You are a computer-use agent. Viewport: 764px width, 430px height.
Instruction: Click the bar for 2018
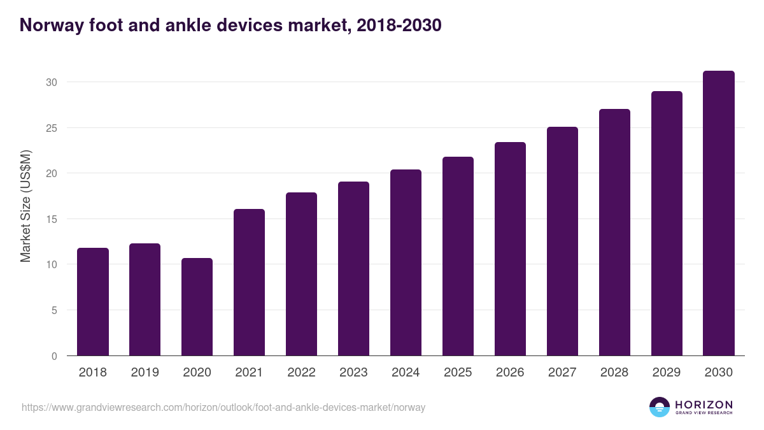(x=93, y=302)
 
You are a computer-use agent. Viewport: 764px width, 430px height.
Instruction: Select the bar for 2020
(x=197, y=307)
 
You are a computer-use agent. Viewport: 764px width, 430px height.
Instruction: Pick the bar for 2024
(x=406, y=262)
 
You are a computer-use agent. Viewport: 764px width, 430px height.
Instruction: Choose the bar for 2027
(x=562, y=241)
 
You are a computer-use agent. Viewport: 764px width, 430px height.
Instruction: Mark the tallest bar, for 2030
(x=719, y=213)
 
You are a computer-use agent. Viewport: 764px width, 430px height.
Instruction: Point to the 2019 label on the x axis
(x=145, y=373)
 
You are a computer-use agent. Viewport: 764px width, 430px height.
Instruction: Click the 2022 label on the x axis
(x=301, y=373)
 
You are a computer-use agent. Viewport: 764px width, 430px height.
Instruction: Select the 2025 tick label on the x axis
(x=458, y=373)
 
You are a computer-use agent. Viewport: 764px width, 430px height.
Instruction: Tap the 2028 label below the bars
(x=614, y=373)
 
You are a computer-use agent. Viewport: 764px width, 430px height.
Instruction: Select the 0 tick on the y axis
(x=54, y=356)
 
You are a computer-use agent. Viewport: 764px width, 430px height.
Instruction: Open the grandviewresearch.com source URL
(x=223, y=407)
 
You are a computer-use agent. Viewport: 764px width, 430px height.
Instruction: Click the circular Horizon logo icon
(x=660, y=407)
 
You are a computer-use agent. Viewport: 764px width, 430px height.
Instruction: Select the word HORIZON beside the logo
(x=704, y=405)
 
